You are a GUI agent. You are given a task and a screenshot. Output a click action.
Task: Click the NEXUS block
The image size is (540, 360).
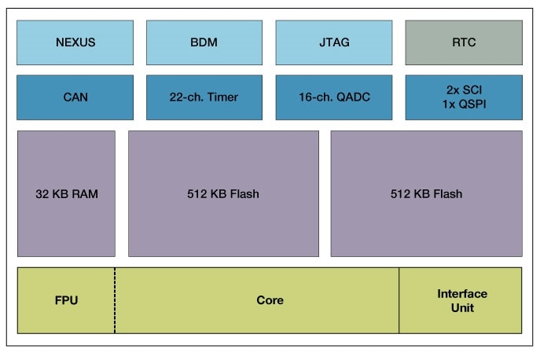tap(75, 42)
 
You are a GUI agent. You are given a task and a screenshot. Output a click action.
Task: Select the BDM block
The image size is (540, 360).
tap(204, 42)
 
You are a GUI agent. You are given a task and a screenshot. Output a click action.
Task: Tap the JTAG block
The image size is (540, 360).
tap(333, 42)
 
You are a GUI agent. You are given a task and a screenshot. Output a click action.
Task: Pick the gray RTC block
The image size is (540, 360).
tap(463, 42)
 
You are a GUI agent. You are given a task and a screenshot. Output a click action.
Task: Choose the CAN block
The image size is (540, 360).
tap(75, 97)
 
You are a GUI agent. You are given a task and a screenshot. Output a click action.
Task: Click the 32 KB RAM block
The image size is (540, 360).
tap(66, 193)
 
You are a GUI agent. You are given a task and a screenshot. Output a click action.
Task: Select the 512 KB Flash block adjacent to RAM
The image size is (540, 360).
tap(223, 193)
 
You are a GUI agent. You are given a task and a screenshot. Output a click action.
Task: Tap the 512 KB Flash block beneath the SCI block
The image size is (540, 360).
tap(426, 193)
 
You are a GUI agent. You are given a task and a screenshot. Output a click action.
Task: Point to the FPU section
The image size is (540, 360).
tap(66, 300)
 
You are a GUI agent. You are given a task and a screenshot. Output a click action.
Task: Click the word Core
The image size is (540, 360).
tap(270, 300)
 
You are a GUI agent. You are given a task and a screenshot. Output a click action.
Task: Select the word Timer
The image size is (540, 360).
tap(223, 97)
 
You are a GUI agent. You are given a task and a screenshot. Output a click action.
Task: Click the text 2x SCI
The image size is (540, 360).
tap(463, 91)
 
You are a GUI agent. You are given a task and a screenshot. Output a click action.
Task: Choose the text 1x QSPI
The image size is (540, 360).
tap(463, 105)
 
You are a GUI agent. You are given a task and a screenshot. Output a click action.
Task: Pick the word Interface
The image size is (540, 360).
tap(462, 294)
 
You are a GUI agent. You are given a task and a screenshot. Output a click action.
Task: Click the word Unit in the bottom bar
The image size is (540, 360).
tap(462, 307)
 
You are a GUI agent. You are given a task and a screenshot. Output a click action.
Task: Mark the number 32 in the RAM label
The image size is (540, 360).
tap(42, 193)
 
